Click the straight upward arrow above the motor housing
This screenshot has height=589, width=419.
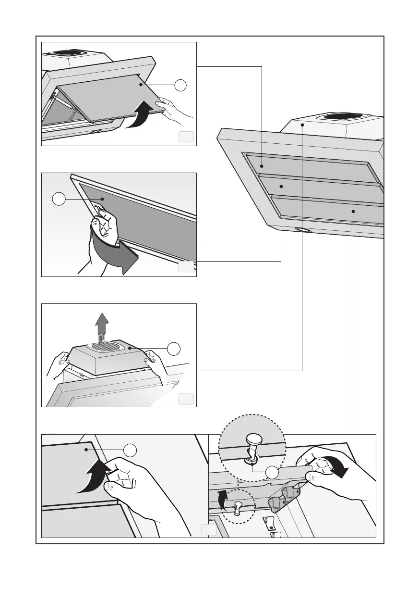(101, 324)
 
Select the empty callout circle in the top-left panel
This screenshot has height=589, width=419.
(180, 86)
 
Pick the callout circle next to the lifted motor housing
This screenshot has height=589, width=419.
(174, 348)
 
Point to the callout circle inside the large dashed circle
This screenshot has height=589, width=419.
(272, 472)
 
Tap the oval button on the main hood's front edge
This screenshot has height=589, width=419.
(302, 231)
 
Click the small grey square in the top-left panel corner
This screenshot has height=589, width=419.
(186, 137)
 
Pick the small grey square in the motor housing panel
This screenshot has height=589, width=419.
(186, 399)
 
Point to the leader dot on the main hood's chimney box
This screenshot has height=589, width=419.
(303, 125)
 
